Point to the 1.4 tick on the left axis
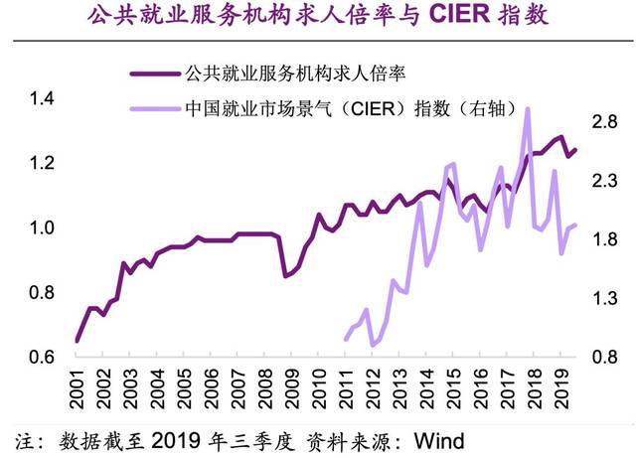pos(42,98)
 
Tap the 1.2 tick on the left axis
pos(42,163)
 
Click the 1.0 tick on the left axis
pos(42,229)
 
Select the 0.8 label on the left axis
pos(42,293)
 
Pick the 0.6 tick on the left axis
pos(42,358)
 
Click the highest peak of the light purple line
pos(528,109)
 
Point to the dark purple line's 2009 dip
pos(286,275)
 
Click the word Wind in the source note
pos(438,439)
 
